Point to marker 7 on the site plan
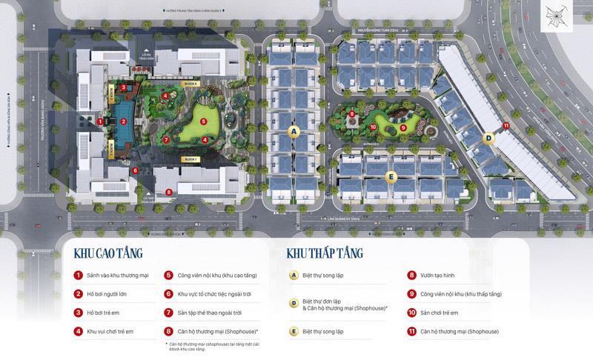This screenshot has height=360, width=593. (168, 139)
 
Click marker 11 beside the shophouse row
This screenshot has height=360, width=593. (506, 126)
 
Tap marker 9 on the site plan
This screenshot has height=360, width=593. (403, 127)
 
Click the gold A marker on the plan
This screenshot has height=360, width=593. (294, 131)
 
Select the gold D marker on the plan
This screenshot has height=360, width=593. (488, 138)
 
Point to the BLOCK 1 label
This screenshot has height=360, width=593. (191, 159)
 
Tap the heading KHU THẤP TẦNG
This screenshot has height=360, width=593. (324, 253)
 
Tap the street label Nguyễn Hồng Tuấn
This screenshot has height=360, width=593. (378, 31)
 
